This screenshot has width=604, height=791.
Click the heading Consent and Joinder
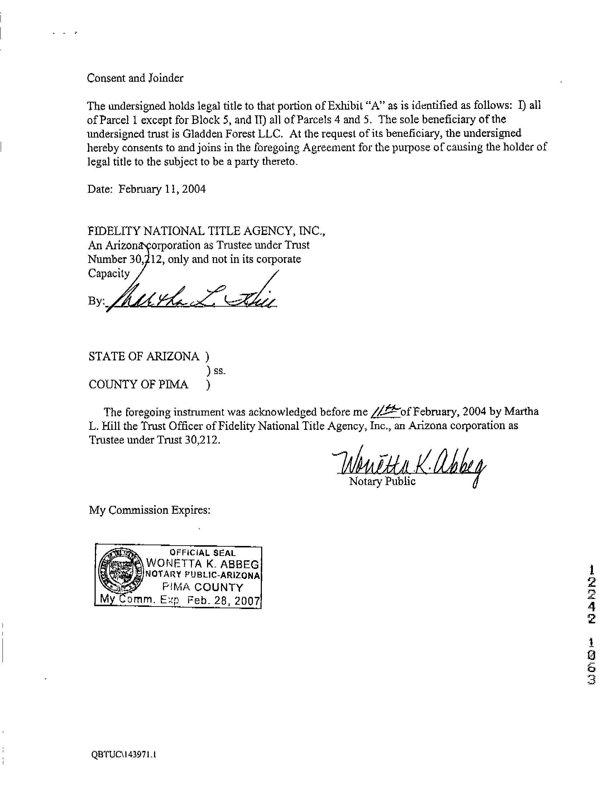(x=135, y=78)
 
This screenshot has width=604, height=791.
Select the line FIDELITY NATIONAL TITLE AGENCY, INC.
(x=206, y=231)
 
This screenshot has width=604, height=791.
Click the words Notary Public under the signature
(x=382, y=481)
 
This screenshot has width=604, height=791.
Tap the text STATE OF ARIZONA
(x=143, y=356)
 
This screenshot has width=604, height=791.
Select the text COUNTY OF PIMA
(x=138, y=384)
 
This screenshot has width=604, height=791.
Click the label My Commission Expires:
(x=149, y=510)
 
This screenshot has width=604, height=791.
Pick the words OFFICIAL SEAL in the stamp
(x=202, y=553)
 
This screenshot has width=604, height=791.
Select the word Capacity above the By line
(x=109, y=273)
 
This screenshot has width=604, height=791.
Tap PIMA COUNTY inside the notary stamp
(x=202, y=587)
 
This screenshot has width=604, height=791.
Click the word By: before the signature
(x=95, y=301)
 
